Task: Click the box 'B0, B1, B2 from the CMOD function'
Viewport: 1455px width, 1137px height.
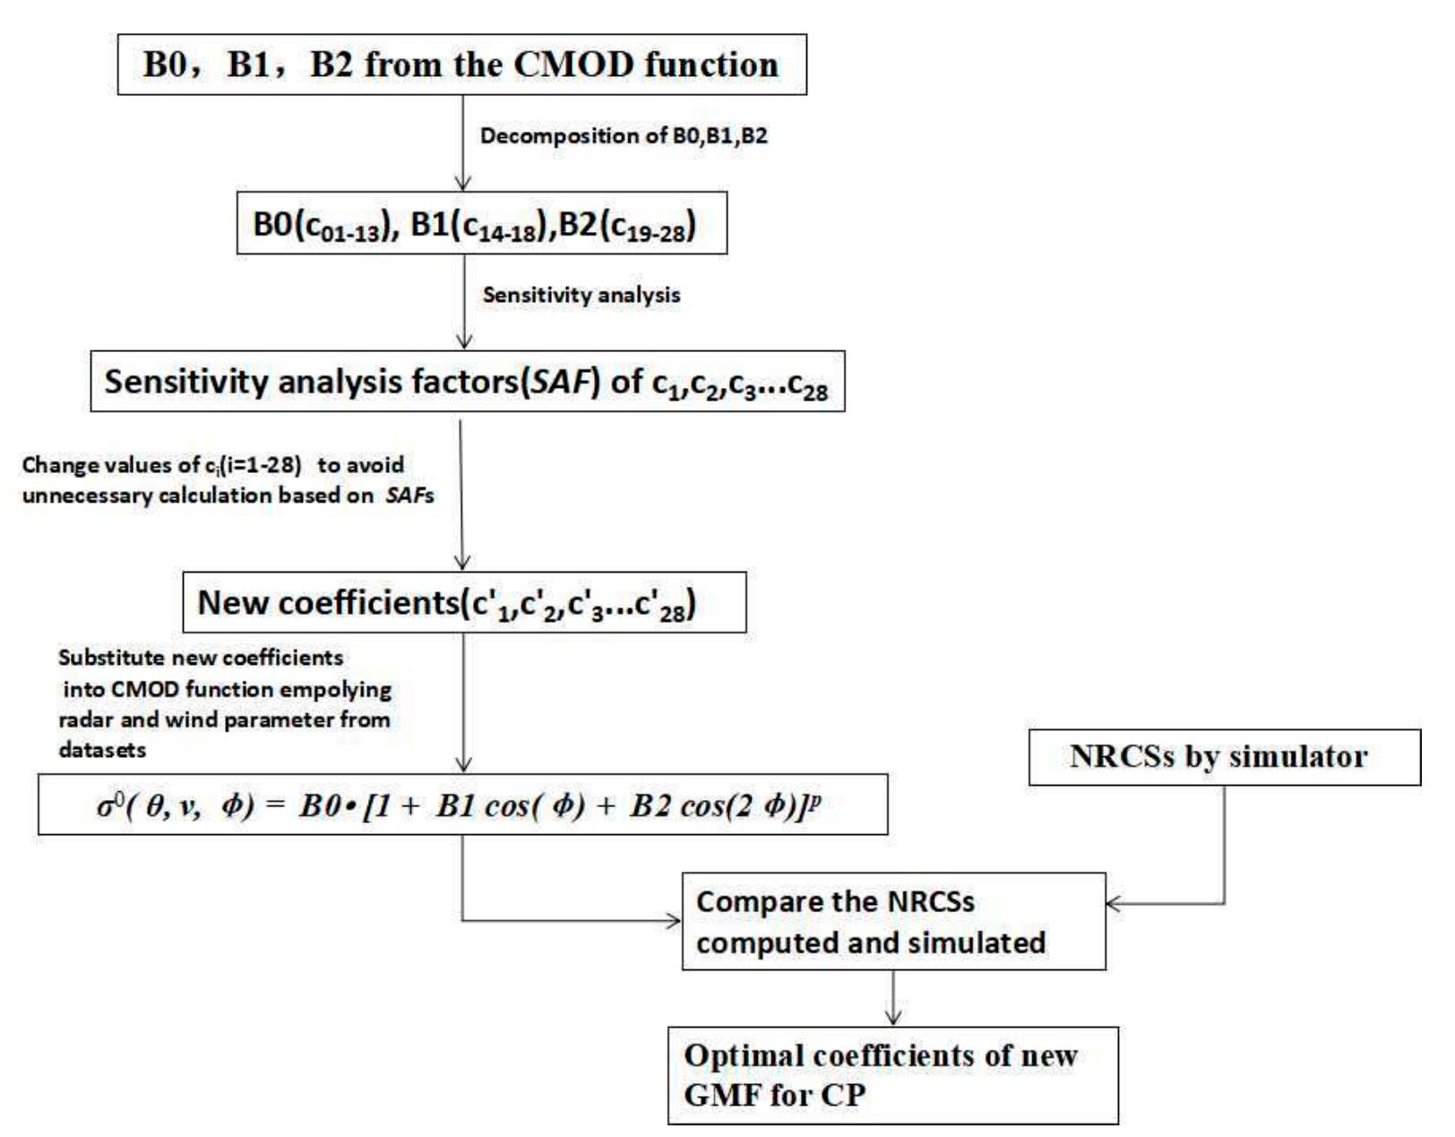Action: [x=462, y=65]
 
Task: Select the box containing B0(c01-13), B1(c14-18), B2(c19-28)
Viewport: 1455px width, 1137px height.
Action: [x=478, y=224]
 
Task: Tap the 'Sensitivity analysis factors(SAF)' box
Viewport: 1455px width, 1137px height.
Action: [x=467, y=383]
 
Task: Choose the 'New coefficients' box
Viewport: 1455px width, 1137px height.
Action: [x=464, y=602]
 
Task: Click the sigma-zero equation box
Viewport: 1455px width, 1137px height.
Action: [x=462, y=805]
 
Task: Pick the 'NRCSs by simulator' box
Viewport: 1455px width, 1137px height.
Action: [x=1225, y=757]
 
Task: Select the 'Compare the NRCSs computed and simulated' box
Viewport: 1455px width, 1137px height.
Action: [x=893, y=921]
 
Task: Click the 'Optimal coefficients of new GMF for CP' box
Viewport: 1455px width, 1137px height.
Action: [x=892, y=1075]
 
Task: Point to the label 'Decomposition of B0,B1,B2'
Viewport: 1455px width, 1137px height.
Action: [x=624, y=136]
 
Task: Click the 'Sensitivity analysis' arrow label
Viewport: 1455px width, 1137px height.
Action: [x=581, y=295]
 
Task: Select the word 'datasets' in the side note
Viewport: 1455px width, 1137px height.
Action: [x=102, y=750]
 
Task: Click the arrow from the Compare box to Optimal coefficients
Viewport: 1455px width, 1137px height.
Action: [x=893, y=998]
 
